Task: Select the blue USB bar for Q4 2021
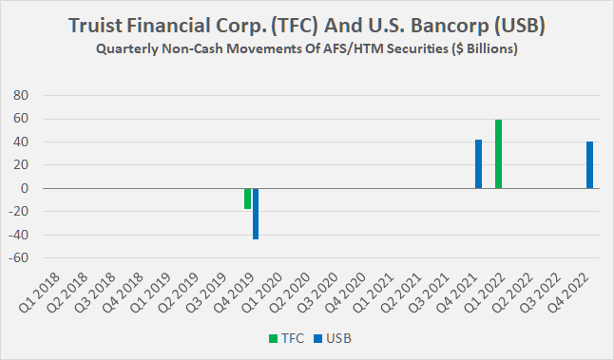[479, 163]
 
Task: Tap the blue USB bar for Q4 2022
[589, 164]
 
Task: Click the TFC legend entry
[281, 336]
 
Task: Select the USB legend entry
[326, 336]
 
